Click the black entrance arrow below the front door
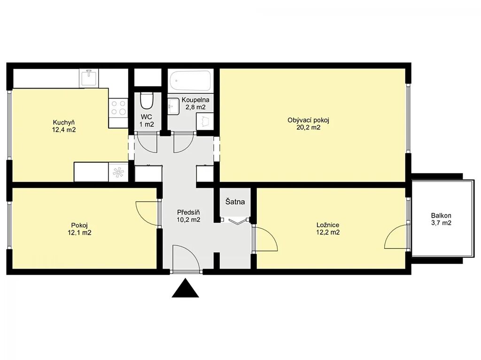pos(185,288)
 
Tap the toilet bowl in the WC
pos(147,101)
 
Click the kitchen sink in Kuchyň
pos(89,78)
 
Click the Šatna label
pos(235,202)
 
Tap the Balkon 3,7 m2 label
pos(441,219)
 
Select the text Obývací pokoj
pos(308,120)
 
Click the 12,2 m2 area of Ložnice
pos(328,232)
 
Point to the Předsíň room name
pos(189,212)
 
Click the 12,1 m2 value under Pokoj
pos(79,233)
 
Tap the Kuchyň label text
pos(64,122)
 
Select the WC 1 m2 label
pos(147,120)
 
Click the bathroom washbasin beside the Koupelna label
pos(173,106)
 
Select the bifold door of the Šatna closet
pos(237,221)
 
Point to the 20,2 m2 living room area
pos(308,127)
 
